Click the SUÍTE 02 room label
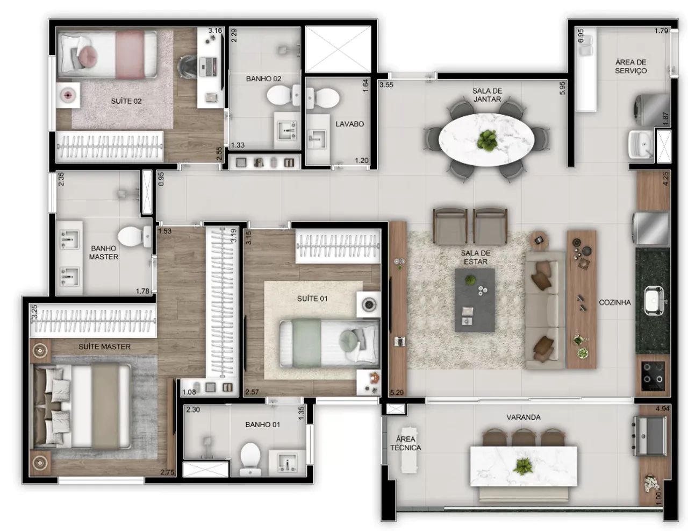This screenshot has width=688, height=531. coord(126,101)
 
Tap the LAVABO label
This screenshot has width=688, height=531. coord(349,124)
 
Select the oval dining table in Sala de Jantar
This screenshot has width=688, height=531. coord(486,139)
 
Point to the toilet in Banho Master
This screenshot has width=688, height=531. coord(134,236)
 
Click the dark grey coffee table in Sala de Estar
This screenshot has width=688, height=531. coord(475,300)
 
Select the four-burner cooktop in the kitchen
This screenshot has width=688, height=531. coord(653,376)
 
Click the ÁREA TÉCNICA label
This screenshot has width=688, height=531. coord(405,443)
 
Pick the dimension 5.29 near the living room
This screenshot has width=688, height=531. coord(397,392)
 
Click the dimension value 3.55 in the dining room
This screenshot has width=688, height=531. coord(386,84)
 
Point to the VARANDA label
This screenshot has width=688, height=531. coord(523,417)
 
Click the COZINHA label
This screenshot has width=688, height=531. coord(615,302)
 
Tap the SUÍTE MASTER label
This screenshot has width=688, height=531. coord(104,346)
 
